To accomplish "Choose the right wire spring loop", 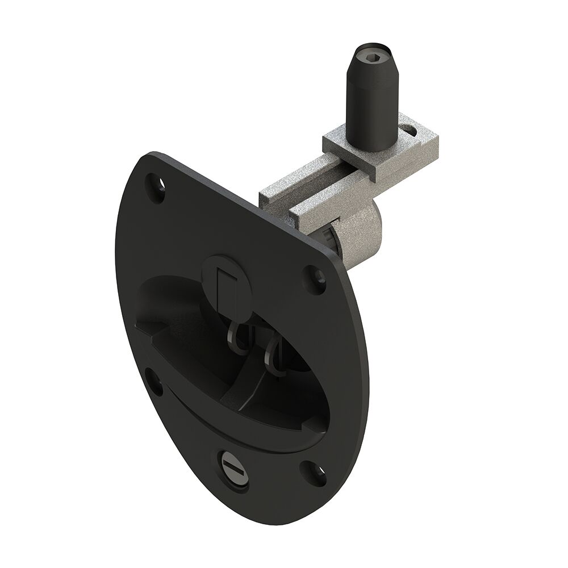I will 273,357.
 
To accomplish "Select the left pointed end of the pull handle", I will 141,327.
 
